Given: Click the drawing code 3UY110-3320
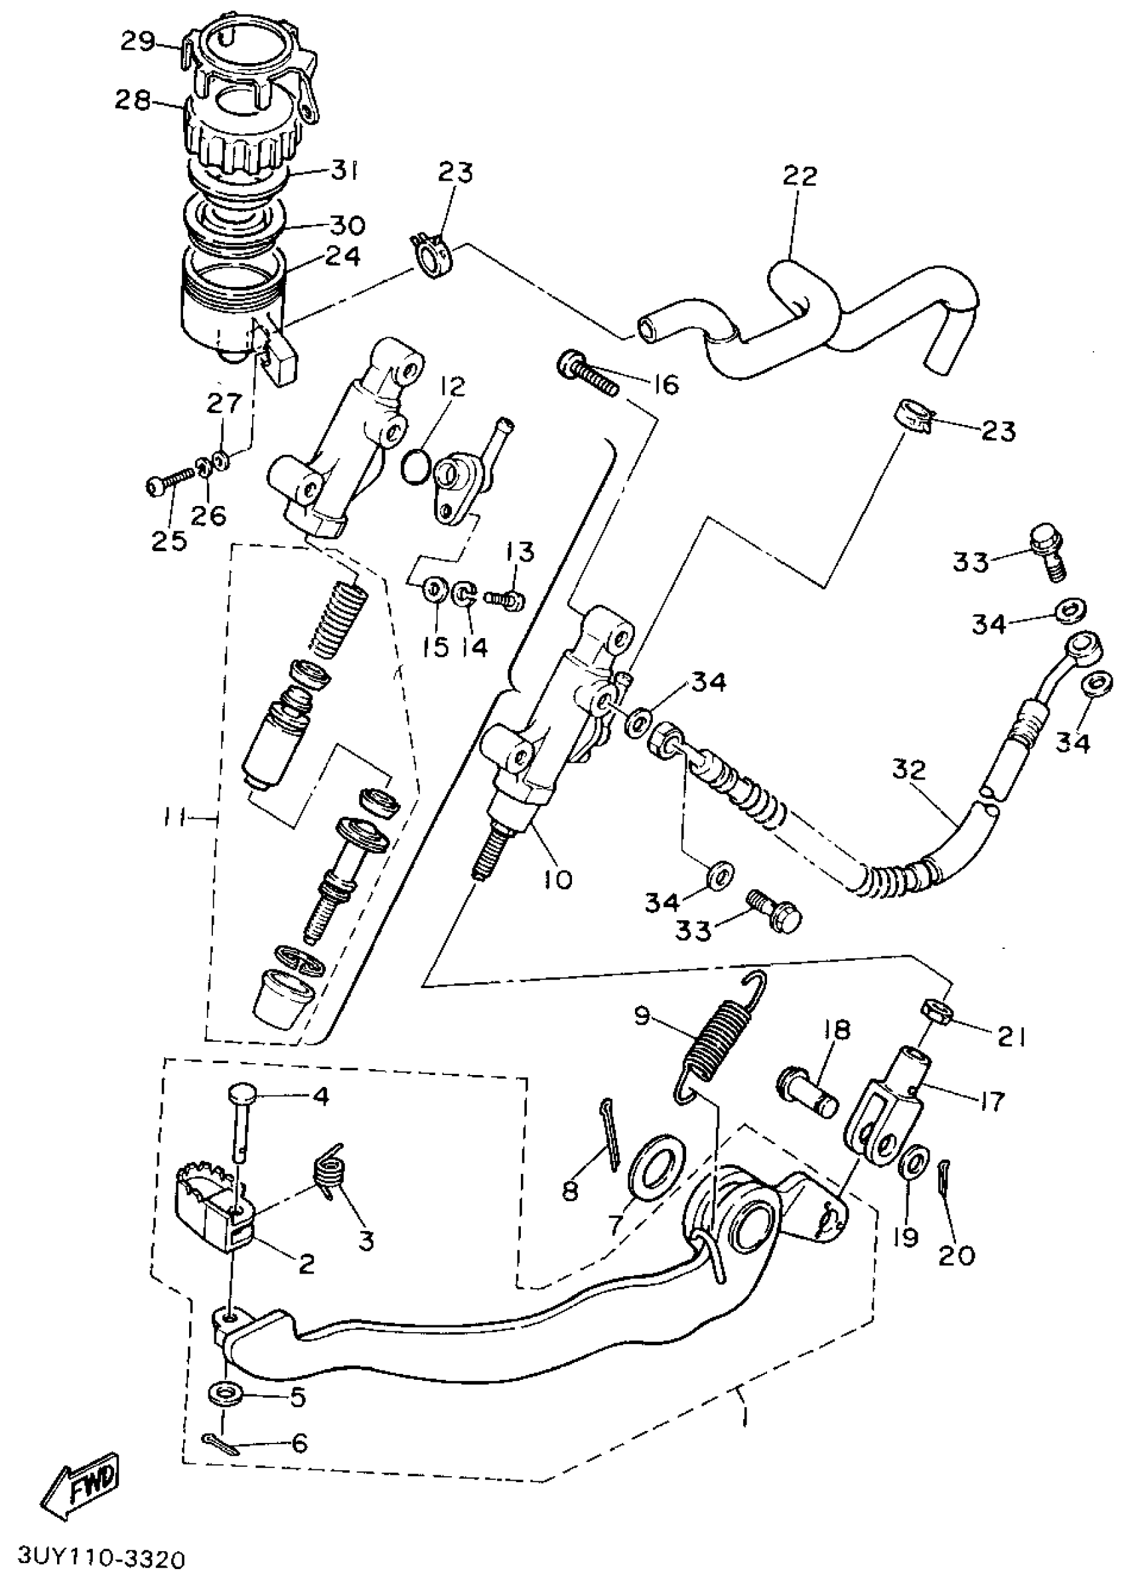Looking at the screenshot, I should pos(102,1556).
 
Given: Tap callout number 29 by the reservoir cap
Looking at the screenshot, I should pos(137,42).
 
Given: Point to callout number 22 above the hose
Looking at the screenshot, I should pos(800,176).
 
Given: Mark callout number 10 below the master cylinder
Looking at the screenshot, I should pos(559,879).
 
